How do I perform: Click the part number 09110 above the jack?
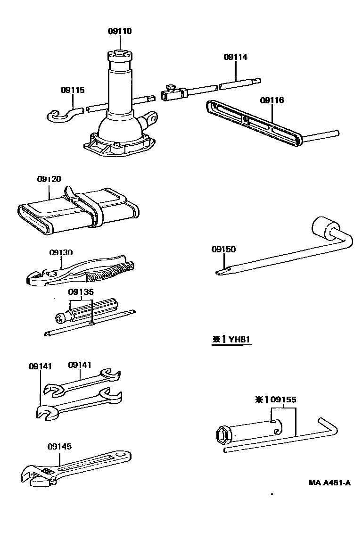(120, 31)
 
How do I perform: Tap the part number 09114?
(236, 57)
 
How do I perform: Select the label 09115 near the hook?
(73, 90)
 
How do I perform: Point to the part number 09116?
(272, 100)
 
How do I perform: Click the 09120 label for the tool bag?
(49, 179)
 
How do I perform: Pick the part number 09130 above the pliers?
(61, 252)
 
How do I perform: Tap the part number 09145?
(59, 446)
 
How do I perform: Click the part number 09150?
(223, 250)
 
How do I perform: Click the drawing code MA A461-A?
(330, 483)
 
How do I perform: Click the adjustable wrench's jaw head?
(40, 475)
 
